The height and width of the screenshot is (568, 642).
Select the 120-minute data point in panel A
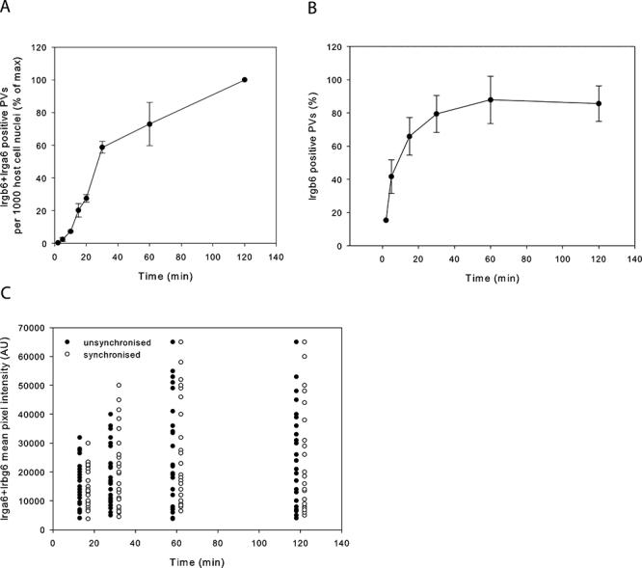pos(245,80)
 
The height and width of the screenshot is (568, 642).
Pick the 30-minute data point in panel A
pos(102,148)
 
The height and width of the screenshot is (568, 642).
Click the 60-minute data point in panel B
pos(490,99)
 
